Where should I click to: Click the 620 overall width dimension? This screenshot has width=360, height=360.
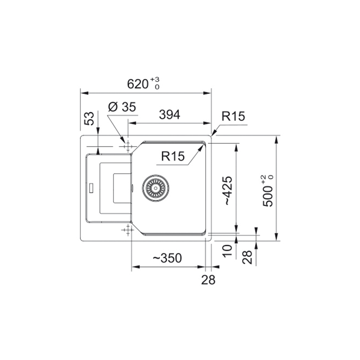[138, 84]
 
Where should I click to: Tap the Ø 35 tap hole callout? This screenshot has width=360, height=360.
[122, 107]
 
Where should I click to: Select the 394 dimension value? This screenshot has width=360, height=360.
[170, 114]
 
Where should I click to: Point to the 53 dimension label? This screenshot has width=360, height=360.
[89, 118]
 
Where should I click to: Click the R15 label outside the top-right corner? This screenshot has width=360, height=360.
[233, 116]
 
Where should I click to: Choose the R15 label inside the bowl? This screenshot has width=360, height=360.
[173, 156]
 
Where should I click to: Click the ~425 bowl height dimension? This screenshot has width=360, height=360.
[228, 190]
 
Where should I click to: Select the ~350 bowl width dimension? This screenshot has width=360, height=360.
[167, 258]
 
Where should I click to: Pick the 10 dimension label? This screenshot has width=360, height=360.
[228, 251]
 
